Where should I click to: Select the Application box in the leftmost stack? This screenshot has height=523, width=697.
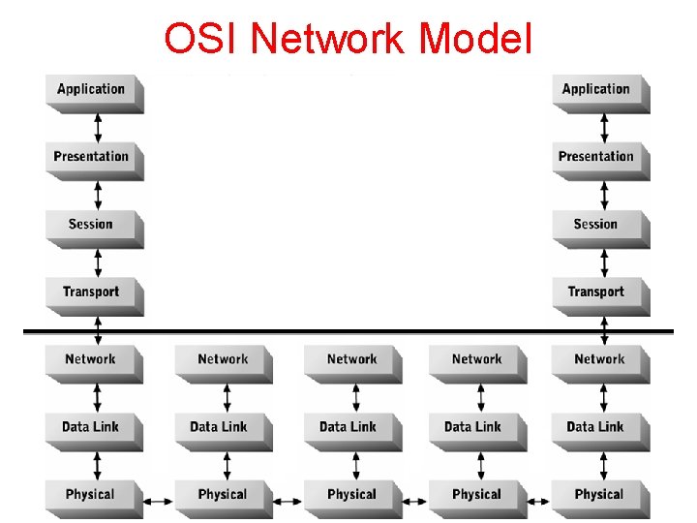click(92, 90)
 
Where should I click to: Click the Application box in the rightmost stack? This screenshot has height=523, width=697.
click(597, 90)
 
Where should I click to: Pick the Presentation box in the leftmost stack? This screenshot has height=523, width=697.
click(92, 157)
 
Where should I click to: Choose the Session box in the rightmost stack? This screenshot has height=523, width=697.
click(597, 225)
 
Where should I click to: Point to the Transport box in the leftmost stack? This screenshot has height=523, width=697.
click(92, 292)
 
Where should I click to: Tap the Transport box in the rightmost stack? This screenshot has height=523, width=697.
click(597, 292)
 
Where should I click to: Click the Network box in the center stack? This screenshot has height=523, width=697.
click(352, 360)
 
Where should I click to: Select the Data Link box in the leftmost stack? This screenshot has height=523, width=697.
click(92, 427)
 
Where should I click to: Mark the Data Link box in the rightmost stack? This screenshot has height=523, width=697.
click(597, 427)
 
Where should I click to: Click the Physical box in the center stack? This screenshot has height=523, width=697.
click(352, 495)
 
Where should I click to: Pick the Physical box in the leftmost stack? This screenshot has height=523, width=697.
click(92, 495)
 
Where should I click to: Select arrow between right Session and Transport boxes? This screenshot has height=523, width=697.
click(604, 262)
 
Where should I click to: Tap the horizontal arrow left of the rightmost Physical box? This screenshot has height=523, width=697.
click(539, 502)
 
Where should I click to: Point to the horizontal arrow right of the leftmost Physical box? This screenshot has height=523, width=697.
click(158, 502)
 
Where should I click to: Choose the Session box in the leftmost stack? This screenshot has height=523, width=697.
click(92, 225)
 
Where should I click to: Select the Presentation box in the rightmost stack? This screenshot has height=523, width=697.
click(597, 157)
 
